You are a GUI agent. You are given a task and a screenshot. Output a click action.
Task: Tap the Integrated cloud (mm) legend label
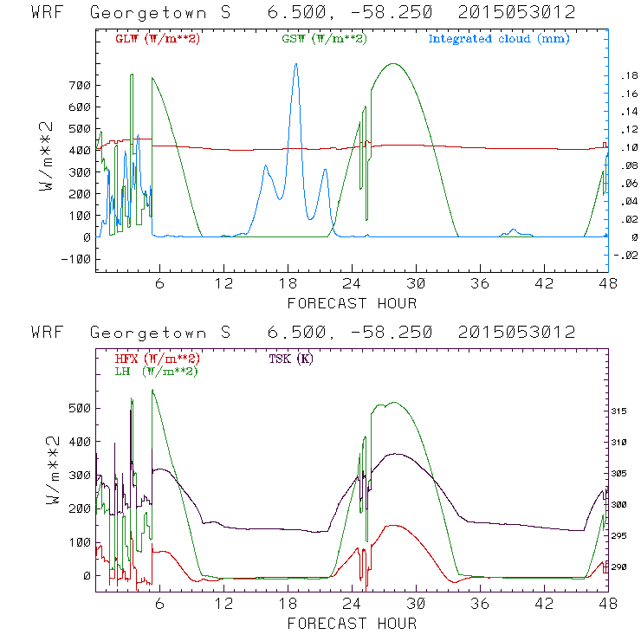click(x=498, y=39)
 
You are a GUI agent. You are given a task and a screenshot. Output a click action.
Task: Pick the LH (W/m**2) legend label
click(x=156, y=371)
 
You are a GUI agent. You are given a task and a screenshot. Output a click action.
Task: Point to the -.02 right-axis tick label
click(x=625, y=255)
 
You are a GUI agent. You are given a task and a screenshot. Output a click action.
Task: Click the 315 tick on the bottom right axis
click(x=625, y=411)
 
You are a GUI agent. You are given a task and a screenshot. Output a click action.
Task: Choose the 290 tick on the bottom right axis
click(x=625, y=567)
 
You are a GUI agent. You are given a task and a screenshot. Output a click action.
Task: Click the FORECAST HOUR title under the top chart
click(x=352, y=303)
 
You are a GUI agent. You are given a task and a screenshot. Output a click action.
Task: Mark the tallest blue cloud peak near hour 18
click(x=295, y=64)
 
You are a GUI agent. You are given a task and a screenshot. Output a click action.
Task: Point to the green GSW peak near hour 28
click(x=394, y=63)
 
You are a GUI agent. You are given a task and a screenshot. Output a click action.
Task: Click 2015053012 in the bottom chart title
click(x=517, y=333)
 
